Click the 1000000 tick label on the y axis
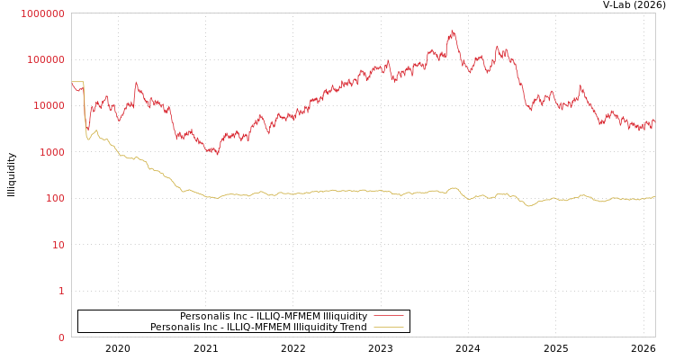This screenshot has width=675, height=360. coord(42,13)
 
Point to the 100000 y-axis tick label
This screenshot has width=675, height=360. coord(45,59)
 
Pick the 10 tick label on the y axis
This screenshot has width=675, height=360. coord(58,245)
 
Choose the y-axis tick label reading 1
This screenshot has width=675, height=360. coord(61,291)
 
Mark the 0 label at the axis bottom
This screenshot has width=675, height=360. coord(61,337)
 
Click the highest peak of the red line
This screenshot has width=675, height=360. coord(453,31)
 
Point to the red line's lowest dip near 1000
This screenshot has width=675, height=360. coord(217,154)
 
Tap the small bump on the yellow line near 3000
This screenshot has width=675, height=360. coord(96,130)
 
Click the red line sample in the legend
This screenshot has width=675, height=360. coord(388,316)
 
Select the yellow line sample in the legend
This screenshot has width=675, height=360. coord(388,327)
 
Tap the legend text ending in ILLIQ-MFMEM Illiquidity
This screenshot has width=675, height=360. coord(273,316)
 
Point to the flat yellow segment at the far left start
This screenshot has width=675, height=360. coord(77,82)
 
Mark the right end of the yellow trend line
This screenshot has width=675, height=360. coord(654,197)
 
